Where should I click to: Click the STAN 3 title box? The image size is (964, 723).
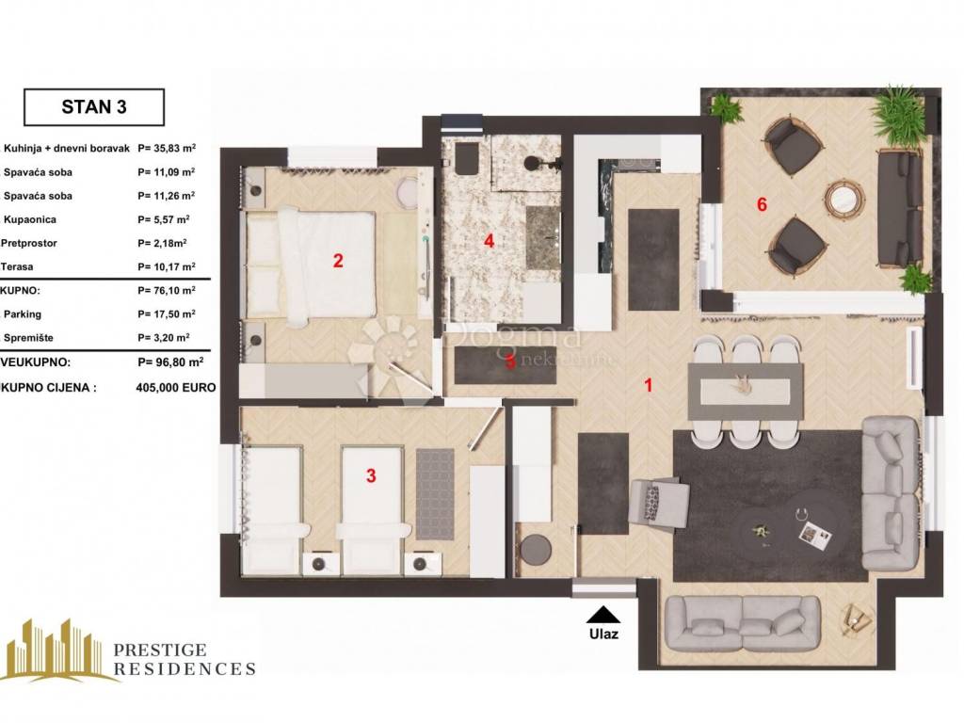pos(94,107)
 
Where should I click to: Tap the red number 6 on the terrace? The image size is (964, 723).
pos(762,204)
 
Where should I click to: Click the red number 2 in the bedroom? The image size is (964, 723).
pos(338,261)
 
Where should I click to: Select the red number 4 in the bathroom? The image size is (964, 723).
pos(489,240)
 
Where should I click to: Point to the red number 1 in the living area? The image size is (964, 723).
pos(648,385)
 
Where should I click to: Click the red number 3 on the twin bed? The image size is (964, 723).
pos(371,475)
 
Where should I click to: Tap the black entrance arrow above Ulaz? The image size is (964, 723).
pos(603,615)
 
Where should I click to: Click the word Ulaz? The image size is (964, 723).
pos(603,634)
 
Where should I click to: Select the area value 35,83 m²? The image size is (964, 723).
pos(167,148)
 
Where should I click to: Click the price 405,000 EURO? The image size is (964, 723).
pos(176,387)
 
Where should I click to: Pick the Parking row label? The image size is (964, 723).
pos(23,314)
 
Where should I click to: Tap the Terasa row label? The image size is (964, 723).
pos(17,266)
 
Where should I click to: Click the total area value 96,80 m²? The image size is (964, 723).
pos(170,362)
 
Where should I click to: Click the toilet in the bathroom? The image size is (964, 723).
pos(466,160)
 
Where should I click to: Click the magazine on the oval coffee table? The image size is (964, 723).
pos(816,534)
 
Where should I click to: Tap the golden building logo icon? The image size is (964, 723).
pos(59,650)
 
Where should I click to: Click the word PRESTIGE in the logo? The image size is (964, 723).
pos(160,650)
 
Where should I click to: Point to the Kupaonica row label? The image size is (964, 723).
pos(29,219)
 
